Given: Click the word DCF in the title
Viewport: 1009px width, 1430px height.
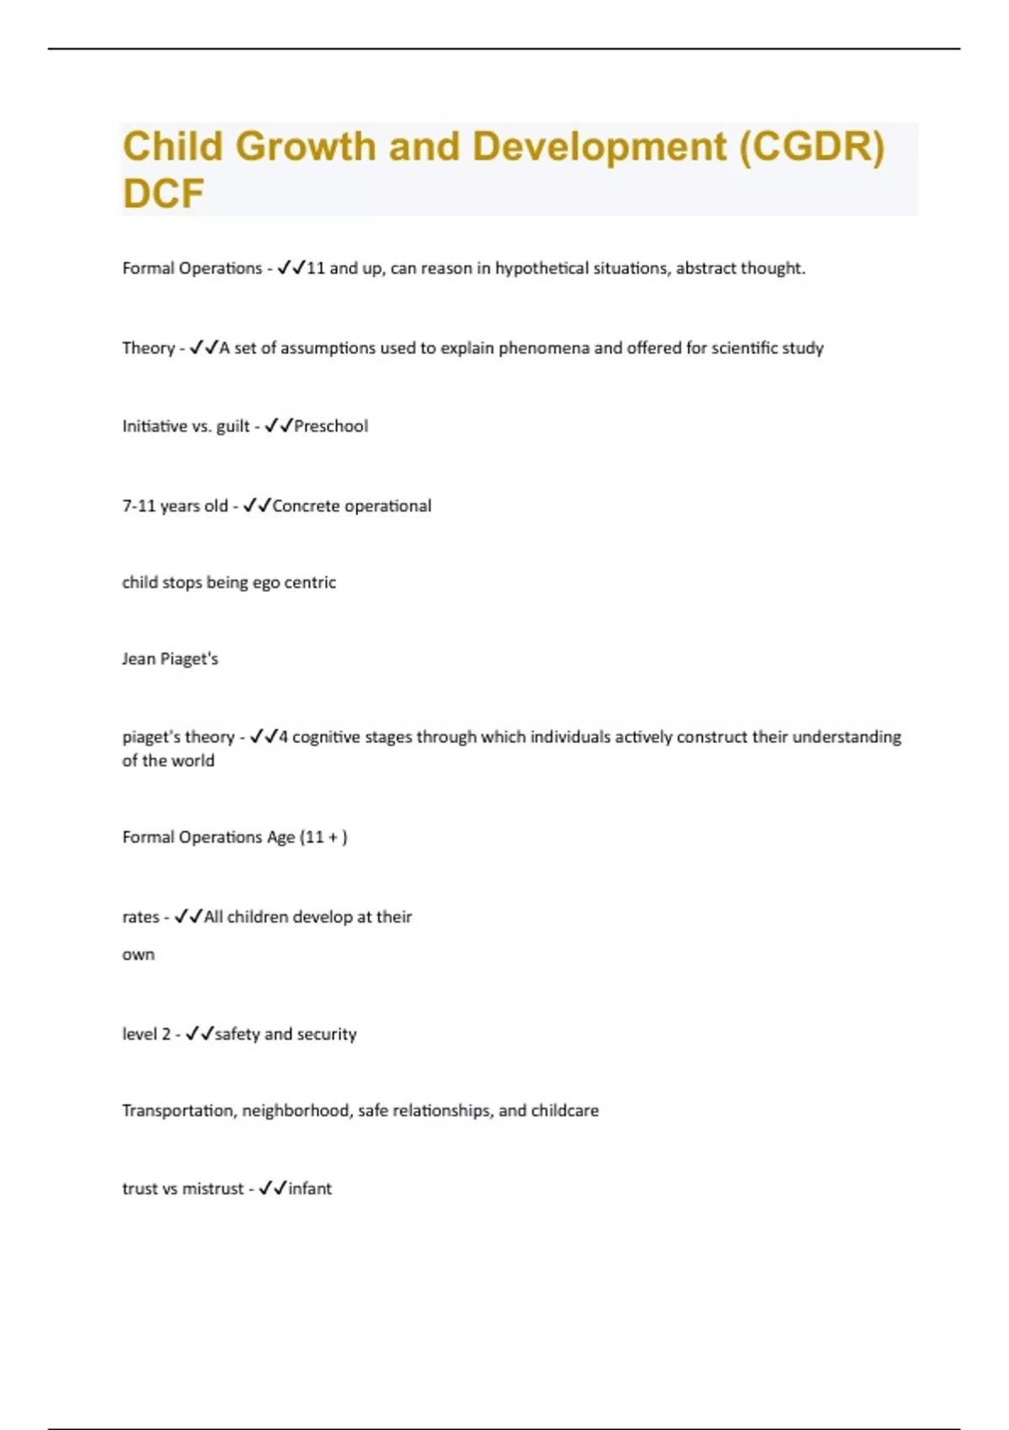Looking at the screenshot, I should pyautogui.click(x=163, y=193).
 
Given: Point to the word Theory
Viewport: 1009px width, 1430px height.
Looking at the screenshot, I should pyautogui.click(x=148, y=348).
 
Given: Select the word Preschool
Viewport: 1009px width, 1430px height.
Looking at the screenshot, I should pyautogui.click(x=331, y=426).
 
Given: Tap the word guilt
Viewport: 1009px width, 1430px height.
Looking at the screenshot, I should pyautogui.click(x=233, y=426).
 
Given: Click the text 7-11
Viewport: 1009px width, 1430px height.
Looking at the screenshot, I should pyautogui.click(x=139, y=506).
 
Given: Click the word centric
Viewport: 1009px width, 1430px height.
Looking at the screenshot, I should pyautogui.click(x=310, y=582).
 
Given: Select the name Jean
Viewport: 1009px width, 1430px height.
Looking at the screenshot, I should pyautogui.click(x=139, y=659).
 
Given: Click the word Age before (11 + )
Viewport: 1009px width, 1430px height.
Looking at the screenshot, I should pyautogui.click(x=281, y=837).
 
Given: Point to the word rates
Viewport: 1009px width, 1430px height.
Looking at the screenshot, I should pyautogui.click(x=140, y=917).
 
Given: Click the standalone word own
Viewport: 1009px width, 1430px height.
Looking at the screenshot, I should pyautogui.click(x=139, y=955).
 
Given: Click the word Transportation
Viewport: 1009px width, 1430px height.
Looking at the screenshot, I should pyautogui.click(x=178, y=1110).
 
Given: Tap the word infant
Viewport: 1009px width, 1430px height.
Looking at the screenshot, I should pyautogui.click(x=310, y=1189).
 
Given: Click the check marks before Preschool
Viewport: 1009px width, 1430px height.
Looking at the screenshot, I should pyautogui.click(x=278, y=426).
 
